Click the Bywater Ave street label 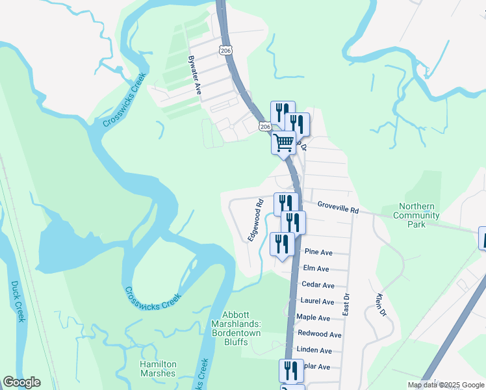[194, 75]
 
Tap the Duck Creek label [18, 301]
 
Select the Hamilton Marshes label [157, 369]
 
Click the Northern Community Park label [416, 215]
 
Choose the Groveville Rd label [338, 208]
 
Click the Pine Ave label [318, 252]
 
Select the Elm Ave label [316, 268]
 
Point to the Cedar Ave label [318, 285]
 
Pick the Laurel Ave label [317, 302]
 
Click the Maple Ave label [313, 318]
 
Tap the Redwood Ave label [319, 334]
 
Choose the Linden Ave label [314, 350]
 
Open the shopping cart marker [283, 142]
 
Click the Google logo [21, 382]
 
